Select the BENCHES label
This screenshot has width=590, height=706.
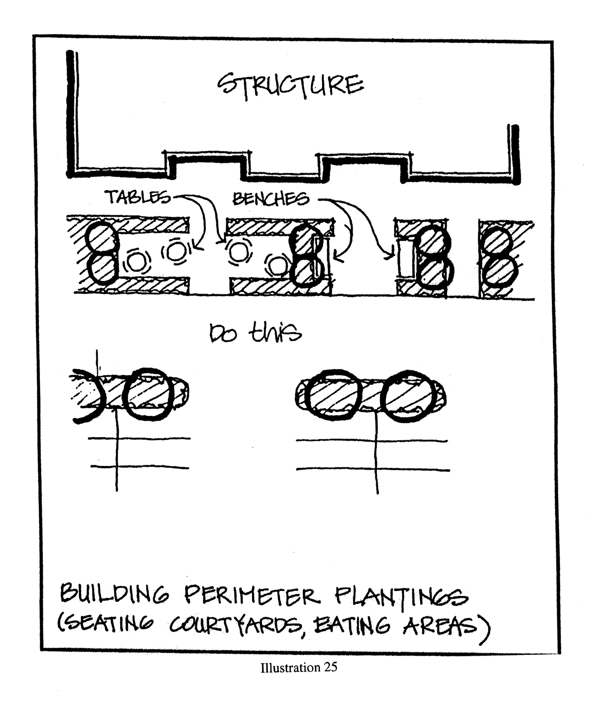coord(270,199)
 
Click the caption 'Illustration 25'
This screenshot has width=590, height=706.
coord(299,668)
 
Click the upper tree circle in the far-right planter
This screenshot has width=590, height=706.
coord(497,241)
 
